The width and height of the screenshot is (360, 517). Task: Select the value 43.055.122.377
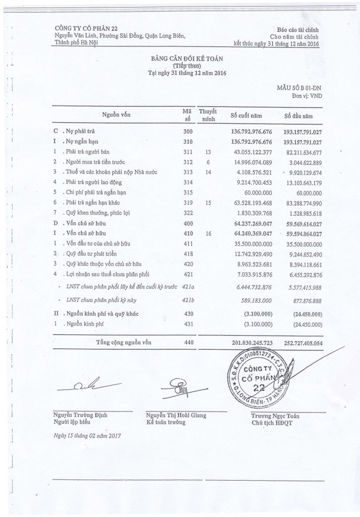(250, 151)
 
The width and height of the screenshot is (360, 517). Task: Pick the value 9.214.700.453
(251, 182)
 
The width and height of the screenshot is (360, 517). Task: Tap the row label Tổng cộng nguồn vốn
(124, 343)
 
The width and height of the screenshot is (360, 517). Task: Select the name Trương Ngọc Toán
(275, 416)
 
